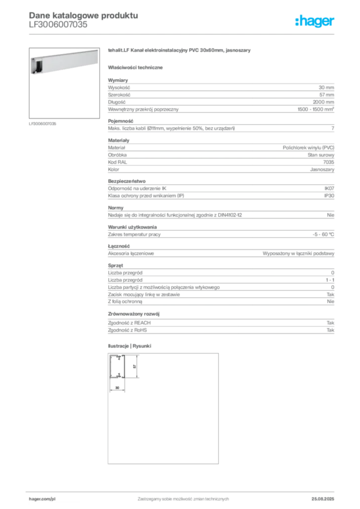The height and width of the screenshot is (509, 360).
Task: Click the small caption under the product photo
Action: coord(44,124)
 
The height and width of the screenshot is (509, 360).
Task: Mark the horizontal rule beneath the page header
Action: coord(182,33)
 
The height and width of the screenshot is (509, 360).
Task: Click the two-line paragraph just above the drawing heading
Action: coord(220,328)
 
